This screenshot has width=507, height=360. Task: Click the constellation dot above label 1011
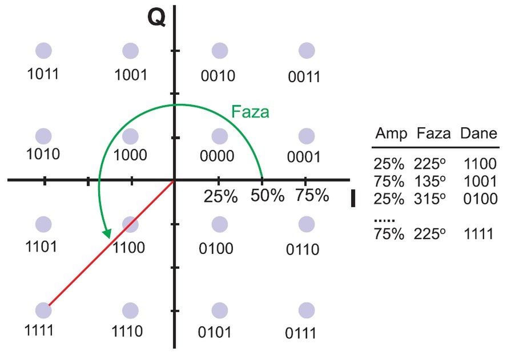pos(43,51)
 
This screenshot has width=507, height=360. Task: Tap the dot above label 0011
pos(307,51)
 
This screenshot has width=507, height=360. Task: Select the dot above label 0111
pos(307,310)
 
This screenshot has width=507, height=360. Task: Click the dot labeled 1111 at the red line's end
pos(43,310)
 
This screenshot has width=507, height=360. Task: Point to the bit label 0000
pos(217,156)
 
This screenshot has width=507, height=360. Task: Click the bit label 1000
pos(130,155)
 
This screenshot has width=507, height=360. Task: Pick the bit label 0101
pos(215,332)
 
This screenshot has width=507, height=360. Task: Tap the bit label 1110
pos(127,331)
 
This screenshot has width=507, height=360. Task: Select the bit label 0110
pos(303,249)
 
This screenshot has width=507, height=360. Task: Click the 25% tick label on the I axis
pos(220,196)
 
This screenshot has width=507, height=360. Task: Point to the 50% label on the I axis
pos(267,196)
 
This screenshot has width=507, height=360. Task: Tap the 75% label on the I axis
pos(312,195)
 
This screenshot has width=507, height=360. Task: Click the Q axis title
pos(157,17)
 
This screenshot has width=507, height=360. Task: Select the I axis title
pos(353,198)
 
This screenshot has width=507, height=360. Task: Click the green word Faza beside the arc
pos(250,112)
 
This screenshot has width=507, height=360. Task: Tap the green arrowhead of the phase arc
pos(107,234)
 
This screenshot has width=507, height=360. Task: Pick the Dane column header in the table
pos(479,133)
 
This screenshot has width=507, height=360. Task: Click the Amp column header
pos(391,134)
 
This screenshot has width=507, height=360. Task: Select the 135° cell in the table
pos(429,181)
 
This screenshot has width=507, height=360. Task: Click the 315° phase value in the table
pos(429,199)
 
